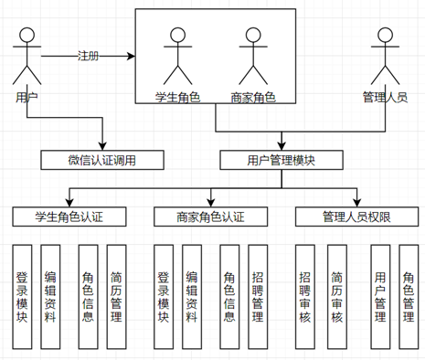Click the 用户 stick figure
tap(27, 56)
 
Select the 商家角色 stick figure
tap(253, 56)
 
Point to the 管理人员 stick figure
tap(383, 56)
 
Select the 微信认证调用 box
tap(102, 161)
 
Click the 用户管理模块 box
tap(282, 161)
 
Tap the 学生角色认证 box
tap(69, 217)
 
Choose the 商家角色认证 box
tap(210, 217)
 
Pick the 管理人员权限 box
tap(356, 217)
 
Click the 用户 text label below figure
tap(27, 95)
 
